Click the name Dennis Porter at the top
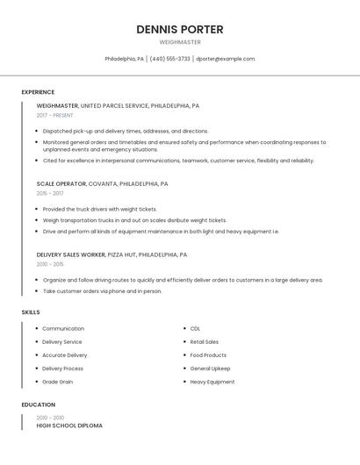click(x=180, y=29)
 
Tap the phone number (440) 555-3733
click(x=170, y=59)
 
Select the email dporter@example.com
click(x=226, y=59)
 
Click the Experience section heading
click(x=38, y=92)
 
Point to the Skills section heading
click(x=31, y=312)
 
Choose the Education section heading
click(x=39, y=404)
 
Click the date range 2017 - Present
click(x=55, y=115)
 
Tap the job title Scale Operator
click(x=61, y=184)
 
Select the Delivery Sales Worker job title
click(x=70, y=254)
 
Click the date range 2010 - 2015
click(x=50, y=264)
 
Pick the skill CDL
click(x=195, y=329)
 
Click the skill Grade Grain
click(x=57, y=382)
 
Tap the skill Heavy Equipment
click(x=212, y=382)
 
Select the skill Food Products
click(x=208, y=355)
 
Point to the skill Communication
click(x=63, y=329)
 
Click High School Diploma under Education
click(x=69, y=426)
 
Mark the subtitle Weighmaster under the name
click(x=180, y=42)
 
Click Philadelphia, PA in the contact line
click(x=125, y=59)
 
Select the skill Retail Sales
click(x=205, y=342)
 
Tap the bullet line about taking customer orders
click(x=103, y=291)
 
